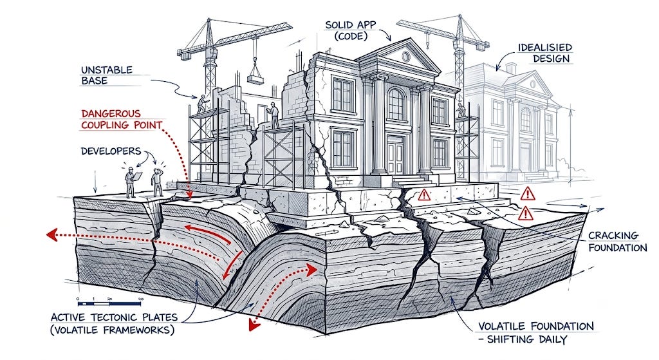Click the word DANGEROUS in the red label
[x=111, y=113]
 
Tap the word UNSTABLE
[x=107, y=70]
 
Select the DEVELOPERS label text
[x=111, y=151]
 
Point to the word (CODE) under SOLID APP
[x=351, y=36]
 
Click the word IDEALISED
[x=545, y=48]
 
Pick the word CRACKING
[x=613, y=236]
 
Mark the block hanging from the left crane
[x=255, y=79]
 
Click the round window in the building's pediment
[x=405, y=56]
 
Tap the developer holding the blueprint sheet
[x=131, y=182]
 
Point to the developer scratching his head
[x=157, y=182]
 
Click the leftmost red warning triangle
[x=424, y=194]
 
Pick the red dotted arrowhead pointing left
[x=51, y=234]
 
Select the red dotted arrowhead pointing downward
[x=253, y=325]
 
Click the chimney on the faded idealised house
[x=510, y=68]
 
